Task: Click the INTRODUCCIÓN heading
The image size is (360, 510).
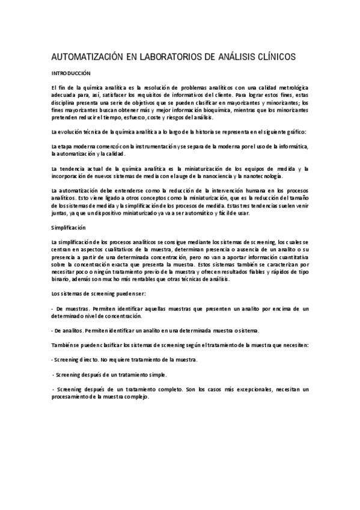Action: click(x=70, y=73)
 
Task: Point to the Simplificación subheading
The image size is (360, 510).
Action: click(x=69, y=228)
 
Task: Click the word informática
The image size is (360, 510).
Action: click(x=292, y=147)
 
